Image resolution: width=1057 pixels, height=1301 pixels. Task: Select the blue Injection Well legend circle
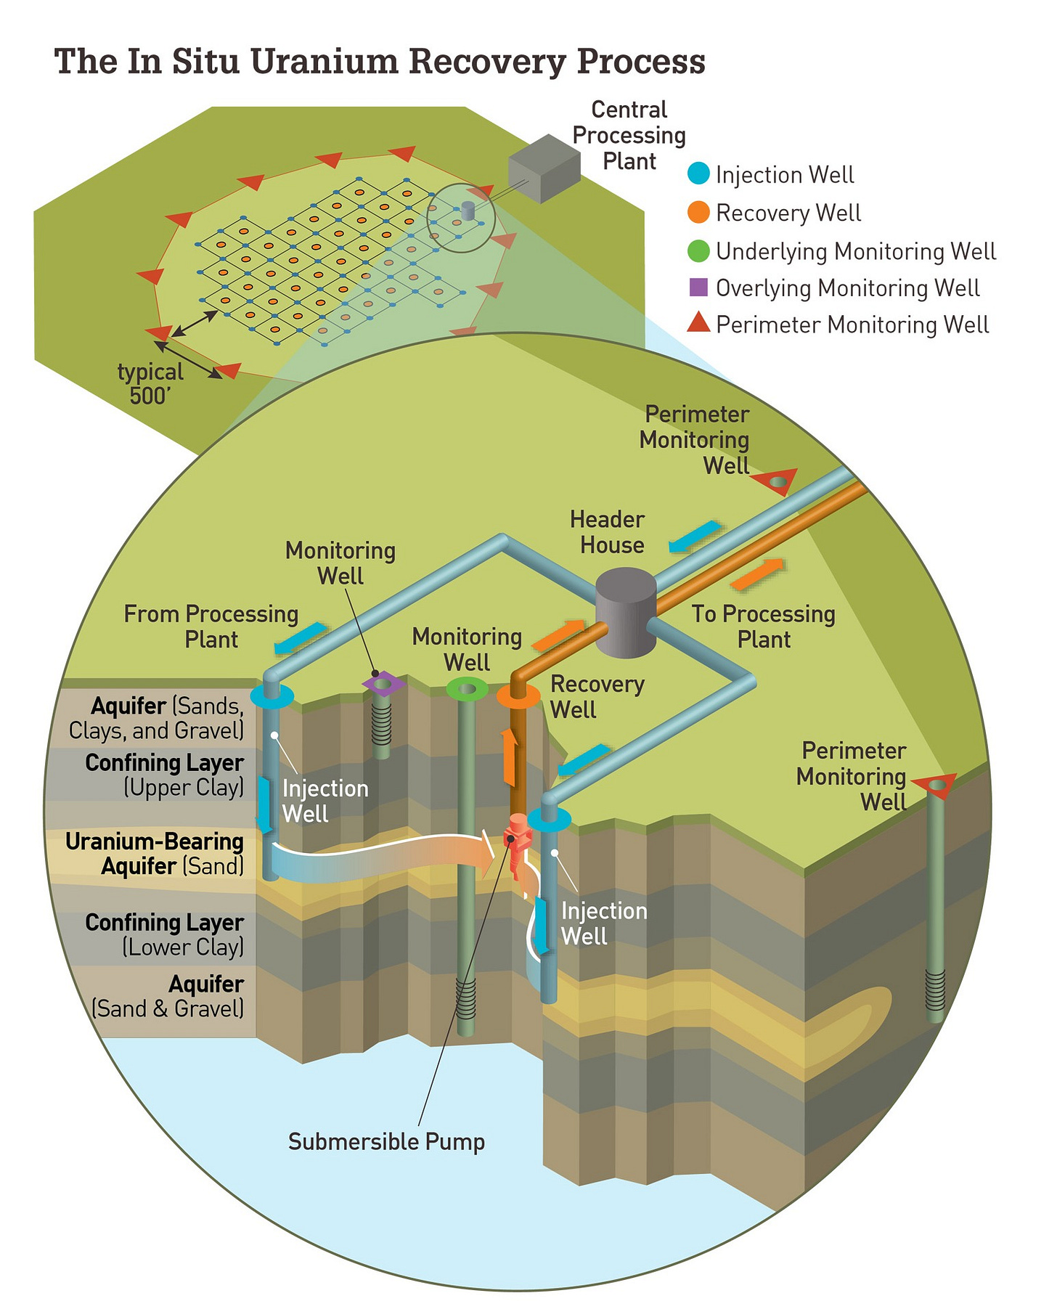point(698,174)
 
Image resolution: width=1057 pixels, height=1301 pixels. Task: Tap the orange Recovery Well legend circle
point(698,213)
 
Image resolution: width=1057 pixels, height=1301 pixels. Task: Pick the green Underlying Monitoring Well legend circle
point(698,251)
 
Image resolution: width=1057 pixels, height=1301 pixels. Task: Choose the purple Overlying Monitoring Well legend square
point(698,287)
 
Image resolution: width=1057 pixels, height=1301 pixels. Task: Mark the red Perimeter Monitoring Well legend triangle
point(698,323)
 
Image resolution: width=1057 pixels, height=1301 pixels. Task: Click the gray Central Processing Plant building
point(544,168)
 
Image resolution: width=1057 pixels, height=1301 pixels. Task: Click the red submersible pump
point(518,843)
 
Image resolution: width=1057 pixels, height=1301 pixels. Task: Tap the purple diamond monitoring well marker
point(383,684)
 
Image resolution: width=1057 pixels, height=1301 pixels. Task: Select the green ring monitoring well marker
point(467,688)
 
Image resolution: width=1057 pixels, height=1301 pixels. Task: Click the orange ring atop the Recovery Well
point(518,696)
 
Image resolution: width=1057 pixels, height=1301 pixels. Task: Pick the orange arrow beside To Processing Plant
point(757,574)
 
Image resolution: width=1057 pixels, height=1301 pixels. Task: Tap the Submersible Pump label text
point(386,1141)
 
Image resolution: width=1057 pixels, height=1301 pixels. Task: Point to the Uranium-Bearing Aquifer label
point(155,854)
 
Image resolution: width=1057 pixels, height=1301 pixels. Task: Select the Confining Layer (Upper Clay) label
point(164,775)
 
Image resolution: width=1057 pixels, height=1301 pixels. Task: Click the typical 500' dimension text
point(150,383)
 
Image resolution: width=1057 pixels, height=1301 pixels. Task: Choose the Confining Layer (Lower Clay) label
point(164,934)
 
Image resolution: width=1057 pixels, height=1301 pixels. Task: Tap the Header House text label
point(608,532)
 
